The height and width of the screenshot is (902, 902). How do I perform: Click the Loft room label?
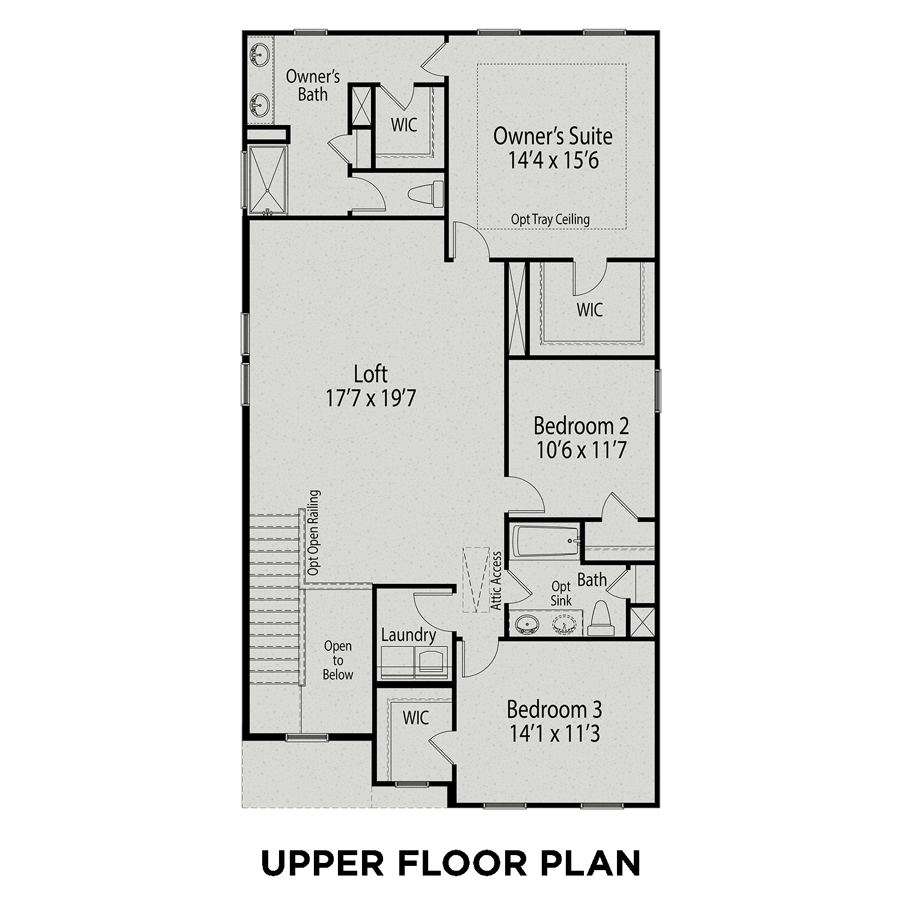point(370,374)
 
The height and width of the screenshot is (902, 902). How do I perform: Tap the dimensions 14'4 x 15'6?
point(553,161)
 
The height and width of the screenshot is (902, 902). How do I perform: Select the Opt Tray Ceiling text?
point(550,219)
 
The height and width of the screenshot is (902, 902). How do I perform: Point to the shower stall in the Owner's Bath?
point(268,179)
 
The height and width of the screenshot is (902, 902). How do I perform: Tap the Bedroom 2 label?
point(581,426)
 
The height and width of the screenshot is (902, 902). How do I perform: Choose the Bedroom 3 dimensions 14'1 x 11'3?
point(554,734)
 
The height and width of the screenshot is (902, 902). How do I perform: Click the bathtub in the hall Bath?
point(545,541)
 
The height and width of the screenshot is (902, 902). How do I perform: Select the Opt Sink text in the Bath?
point(561,593)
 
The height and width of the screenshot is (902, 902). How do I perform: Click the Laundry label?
point(408,635)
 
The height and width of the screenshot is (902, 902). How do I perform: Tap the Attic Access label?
point(497,581)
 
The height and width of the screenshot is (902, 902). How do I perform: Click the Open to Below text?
point(337,660)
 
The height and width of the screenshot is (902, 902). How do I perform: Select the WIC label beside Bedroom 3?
point(416,717)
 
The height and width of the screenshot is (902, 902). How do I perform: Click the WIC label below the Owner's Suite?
point(589,310)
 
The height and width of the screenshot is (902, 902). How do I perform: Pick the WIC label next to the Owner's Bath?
point(403,126)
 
